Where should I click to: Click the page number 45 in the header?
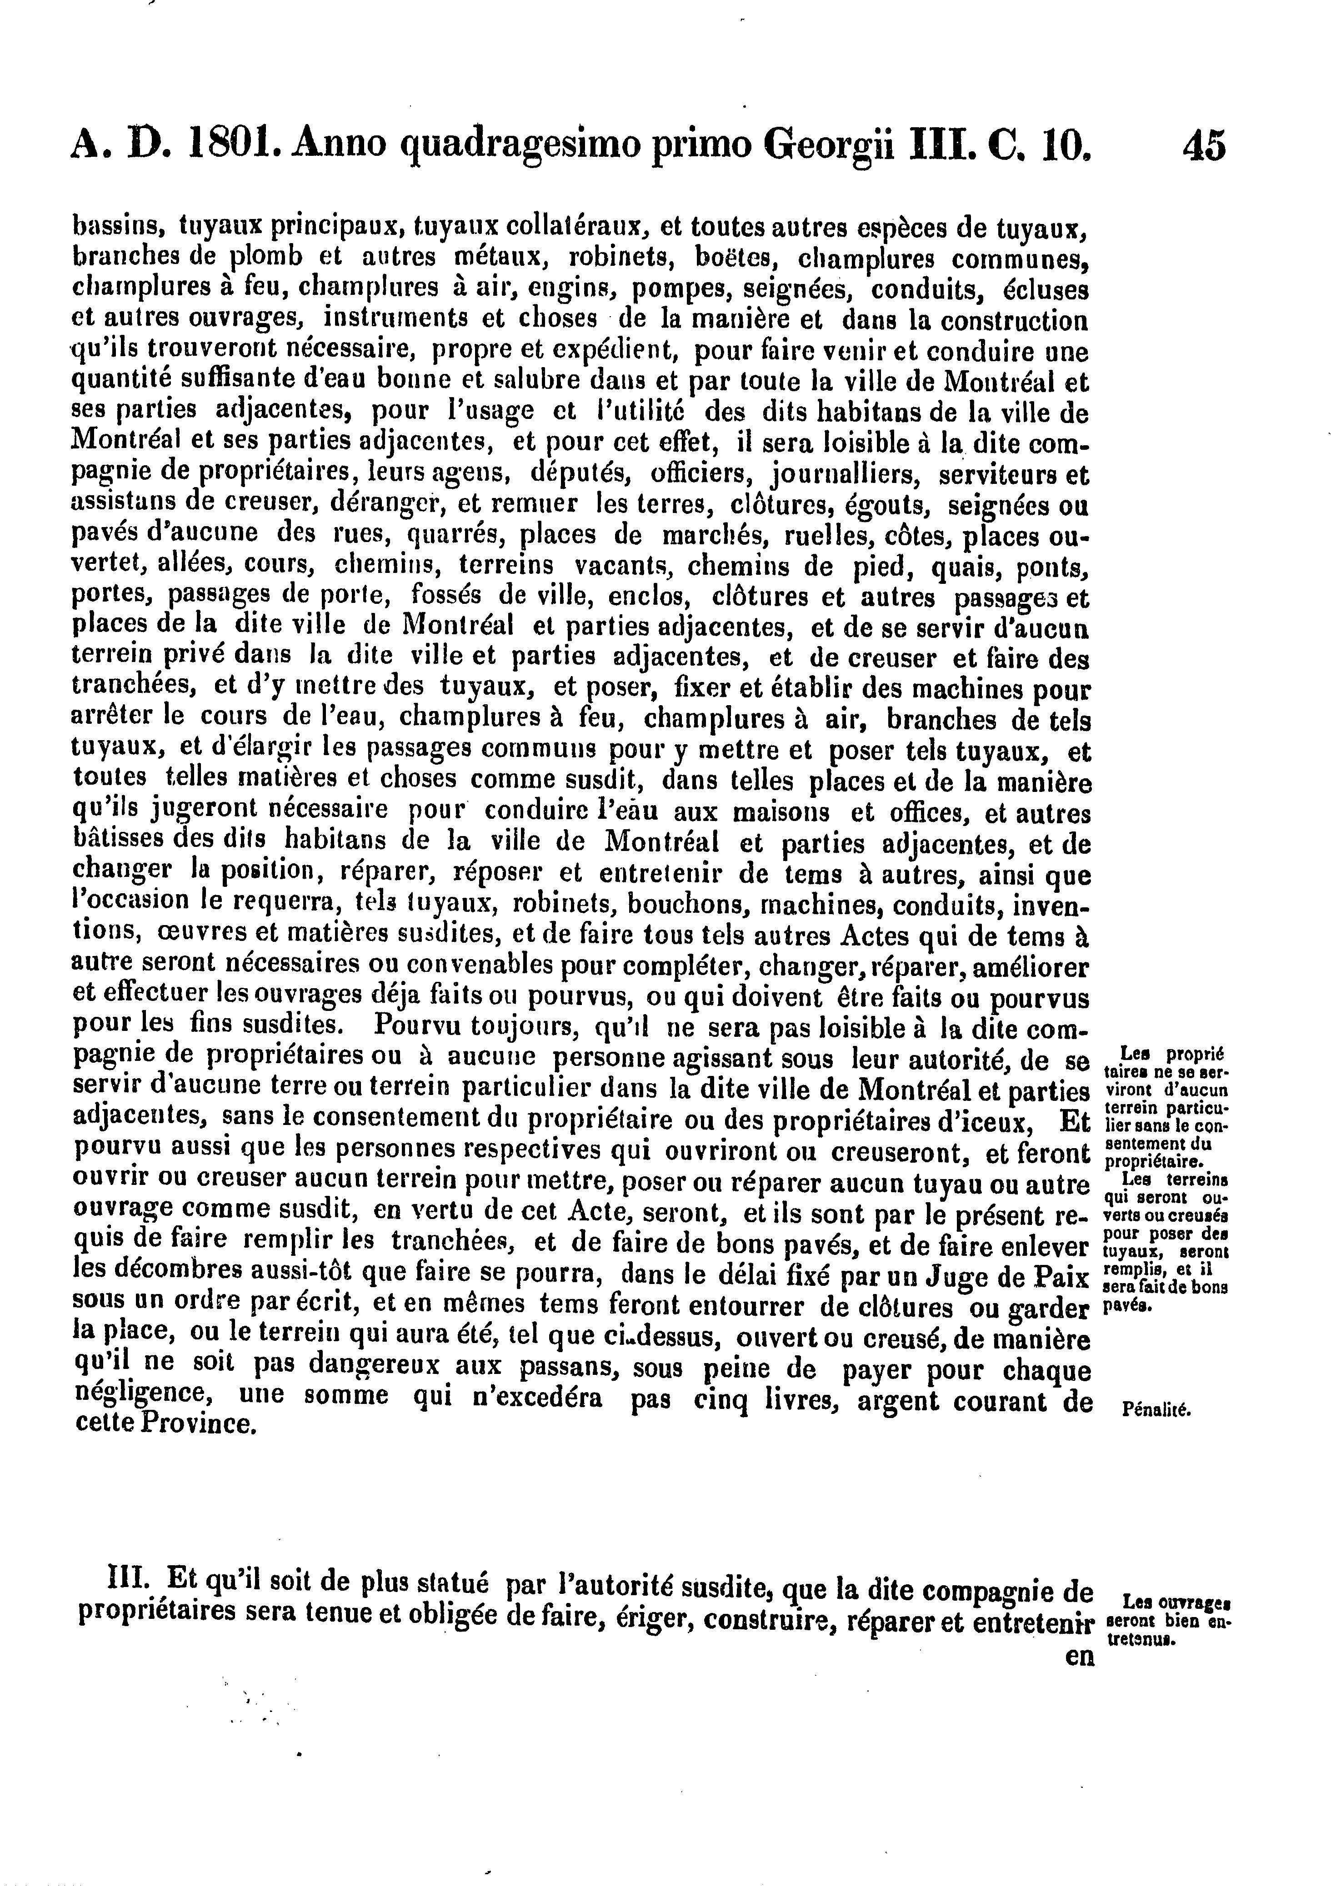(x=1204, y=146)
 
